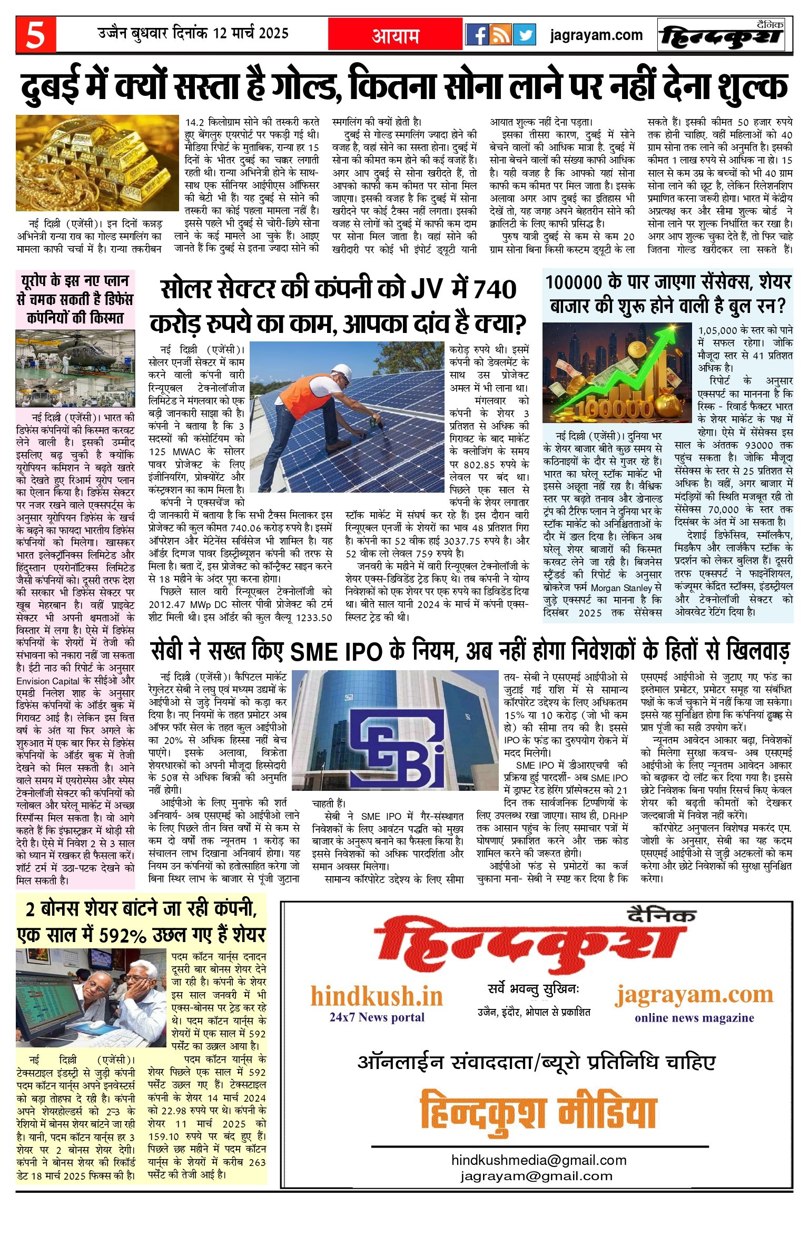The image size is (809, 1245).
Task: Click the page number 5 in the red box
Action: (x=36, y=35)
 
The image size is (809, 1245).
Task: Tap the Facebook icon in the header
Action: (x=478, y=35)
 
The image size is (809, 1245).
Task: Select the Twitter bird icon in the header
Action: (x=525, y=35)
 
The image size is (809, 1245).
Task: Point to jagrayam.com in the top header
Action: (x=596, y=35)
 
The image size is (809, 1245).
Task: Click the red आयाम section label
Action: (x=396, y=35)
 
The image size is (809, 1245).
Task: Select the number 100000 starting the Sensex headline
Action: (x=574, y=283)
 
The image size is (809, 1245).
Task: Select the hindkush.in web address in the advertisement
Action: (x=377, y=996)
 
